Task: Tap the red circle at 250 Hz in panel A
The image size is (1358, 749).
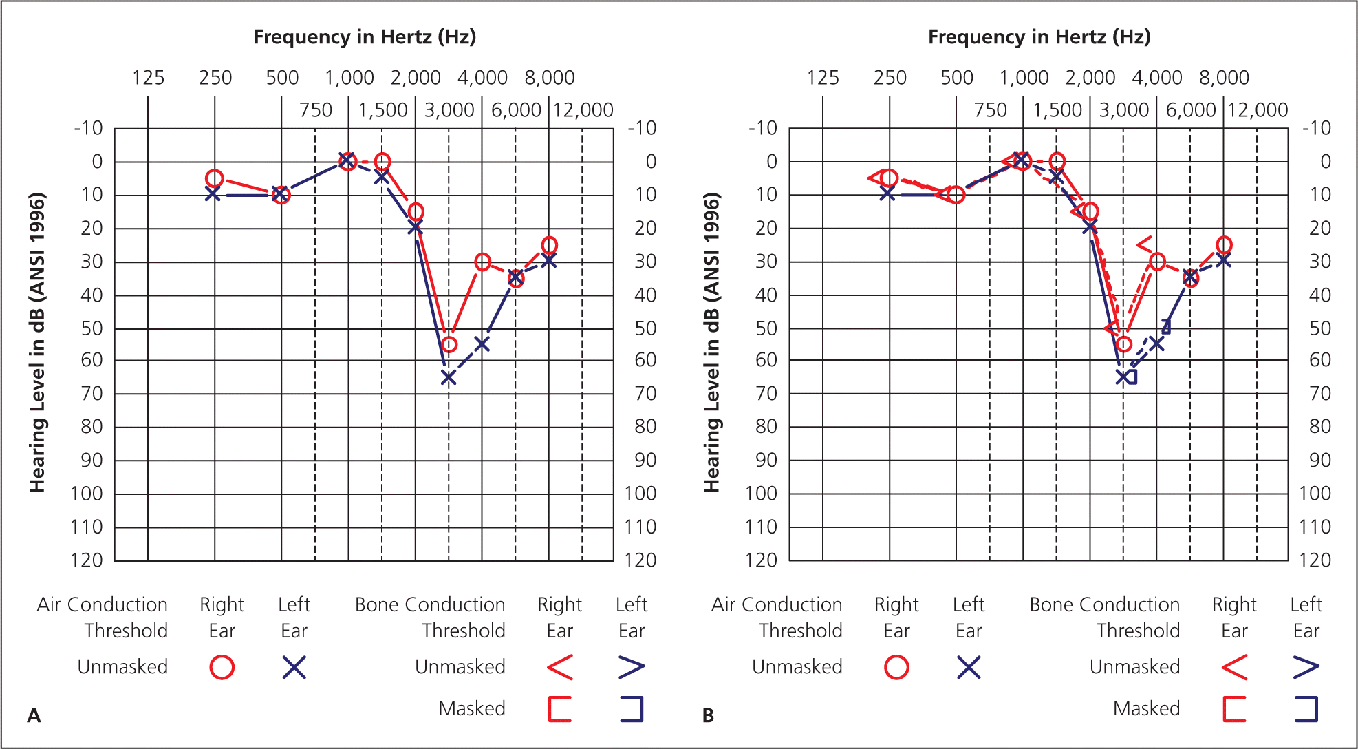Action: tap(215, 179)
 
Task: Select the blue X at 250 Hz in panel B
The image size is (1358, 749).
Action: tap(888, 194)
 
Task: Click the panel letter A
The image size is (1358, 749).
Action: tap(34, 716)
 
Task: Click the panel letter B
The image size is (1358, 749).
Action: tap(709, 716)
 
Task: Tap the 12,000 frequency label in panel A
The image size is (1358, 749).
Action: tap(583, 110)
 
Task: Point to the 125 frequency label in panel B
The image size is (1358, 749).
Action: tap(823, 78)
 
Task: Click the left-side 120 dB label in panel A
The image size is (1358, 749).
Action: tap(87, 560)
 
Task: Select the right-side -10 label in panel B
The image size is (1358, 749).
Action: tap(1317, 128)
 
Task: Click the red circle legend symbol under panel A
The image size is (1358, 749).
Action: tap(222, 667)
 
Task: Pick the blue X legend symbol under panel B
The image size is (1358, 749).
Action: tap(969, 667)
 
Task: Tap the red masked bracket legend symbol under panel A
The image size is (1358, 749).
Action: tap(560, 709)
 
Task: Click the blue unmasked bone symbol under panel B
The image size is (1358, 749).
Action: tap(1306, 667)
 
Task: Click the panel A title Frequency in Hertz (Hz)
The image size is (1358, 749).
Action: tap(365, 36)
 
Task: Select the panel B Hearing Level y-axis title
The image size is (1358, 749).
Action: tap(712, 343)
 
